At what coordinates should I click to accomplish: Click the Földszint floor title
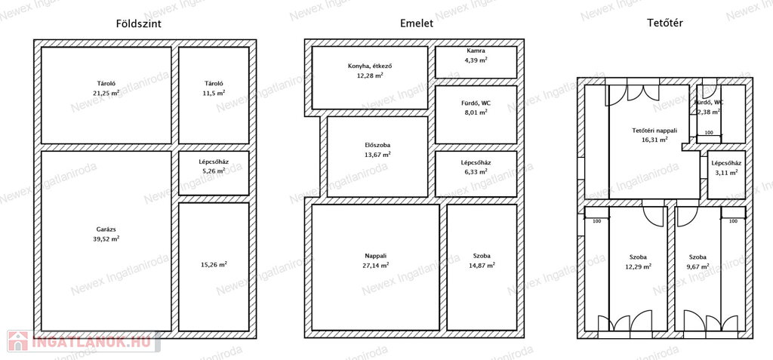click(139, 23)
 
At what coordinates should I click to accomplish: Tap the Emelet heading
click(417, 23)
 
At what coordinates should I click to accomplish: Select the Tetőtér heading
click(666, 23)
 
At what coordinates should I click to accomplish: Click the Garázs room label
click(106, 229)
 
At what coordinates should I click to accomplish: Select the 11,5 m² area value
click(214, 92)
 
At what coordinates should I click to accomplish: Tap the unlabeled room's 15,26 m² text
click(214, 264)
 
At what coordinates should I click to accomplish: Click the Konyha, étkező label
click(370, 66)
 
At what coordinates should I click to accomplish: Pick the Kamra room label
click(476, 51)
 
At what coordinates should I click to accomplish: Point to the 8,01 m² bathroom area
click(476, 112)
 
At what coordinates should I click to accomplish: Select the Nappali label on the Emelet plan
click(376, 256)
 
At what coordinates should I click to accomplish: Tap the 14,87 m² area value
click(482, 265)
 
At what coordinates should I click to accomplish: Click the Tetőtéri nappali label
click(654, 131)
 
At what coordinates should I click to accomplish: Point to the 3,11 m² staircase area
click(727, 173)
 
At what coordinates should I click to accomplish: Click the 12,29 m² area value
click(638, 266)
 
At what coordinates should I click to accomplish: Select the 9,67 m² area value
click(698, 266)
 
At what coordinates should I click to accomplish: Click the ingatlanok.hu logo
click(83, 341)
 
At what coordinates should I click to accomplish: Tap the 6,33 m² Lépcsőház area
click(476, 171)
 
